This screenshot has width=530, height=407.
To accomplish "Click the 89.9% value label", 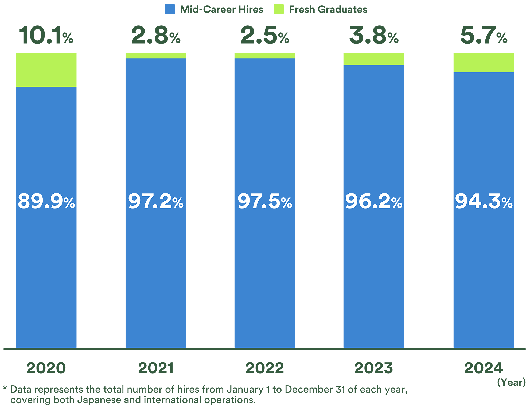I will point(46,201).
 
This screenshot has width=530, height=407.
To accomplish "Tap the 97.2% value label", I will point(156,201).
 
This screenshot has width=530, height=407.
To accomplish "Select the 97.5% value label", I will point(265,201).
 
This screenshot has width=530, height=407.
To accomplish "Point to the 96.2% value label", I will point(374,201).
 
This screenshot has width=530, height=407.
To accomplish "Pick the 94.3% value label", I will point(484,201).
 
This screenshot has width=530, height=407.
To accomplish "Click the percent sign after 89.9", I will point(69,203).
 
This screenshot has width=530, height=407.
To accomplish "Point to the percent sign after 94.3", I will point(507,203).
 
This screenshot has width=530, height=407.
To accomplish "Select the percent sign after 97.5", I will point(286,203).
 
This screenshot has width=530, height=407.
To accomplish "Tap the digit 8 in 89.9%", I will point(24,201).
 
